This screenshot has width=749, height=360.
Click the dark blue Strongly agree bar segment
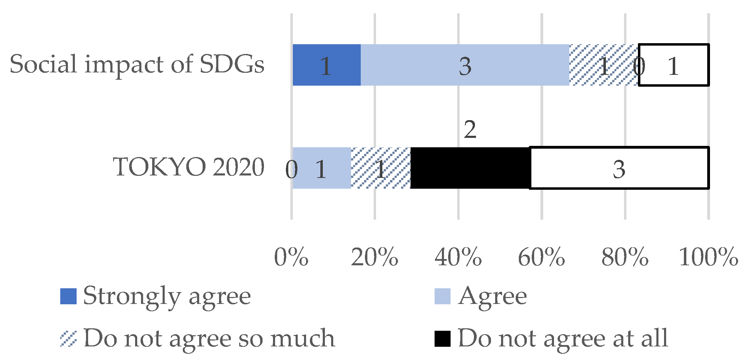point(326,65)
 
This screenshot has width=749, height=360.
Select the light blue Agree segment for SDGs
point(465,65)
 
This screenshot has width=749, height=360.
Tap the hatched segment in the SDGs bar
point(603,65)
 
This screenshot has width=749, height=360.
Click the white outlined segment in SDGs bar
point(674,65)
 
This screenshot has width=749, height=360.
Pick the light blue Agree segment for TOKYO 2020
point(321,168)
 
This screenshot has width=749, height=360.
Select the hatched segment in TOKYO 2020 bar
point(381,168)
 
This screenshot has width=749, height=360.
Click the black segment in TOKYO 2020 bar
point(470,168)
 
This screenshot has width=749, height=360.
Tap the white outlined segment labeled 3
point(619,168)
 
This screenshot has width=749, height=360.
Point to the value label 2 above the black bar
point(470,130)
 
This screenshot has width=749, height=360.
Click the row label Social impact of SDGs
point(137,64)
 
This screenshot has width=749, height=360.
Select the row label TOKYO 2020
point(189,167)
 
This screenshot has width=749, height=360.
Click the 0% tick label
point(291,257)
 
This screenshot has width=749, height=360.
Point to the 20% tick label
point(374,257)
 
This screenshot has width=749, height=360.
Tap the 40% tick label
point(458,257)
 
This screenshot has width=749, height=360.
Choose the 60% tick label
point(541,257)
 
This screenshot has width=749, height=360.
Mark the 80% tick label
point(625,257)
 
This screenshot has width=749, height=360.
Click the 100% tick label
point(708,257)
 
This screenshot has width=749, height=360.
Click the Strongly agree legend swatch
point(68,296)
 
